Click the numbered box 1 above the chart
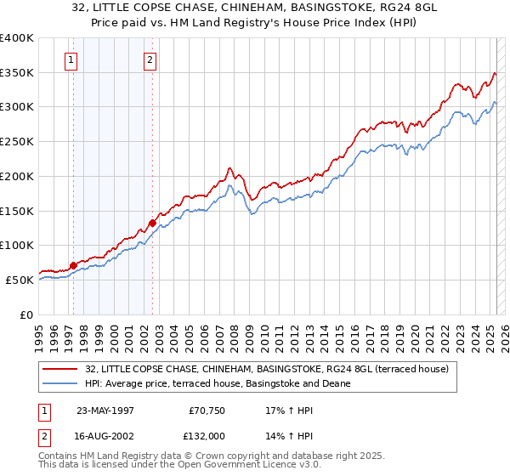[71, 59]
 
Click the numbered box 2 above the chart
[150, 59]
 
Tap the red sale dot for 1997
[73, 265]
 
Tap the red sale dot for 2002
[152, 223]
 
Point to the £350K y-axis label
[18, 72]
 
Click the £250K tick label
[18, 142]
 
